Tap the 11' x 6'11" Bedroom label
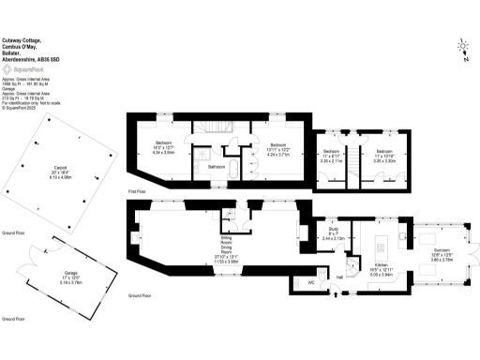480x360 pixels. [331, 155]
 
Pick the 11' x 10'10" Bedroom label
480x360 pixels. [384, 155]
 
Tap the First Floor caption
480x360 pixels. [141, 191]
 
